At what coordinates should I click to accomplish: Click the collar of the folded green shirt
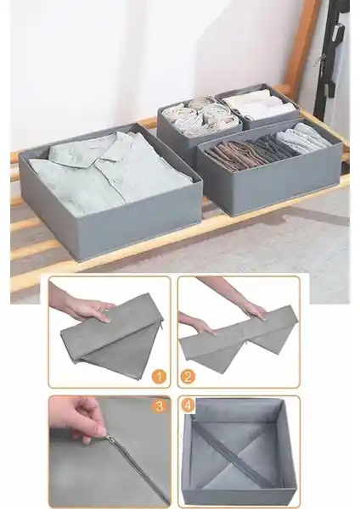point(85,154)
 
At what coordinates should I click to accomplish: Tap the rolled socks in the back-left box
point(200,116)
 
